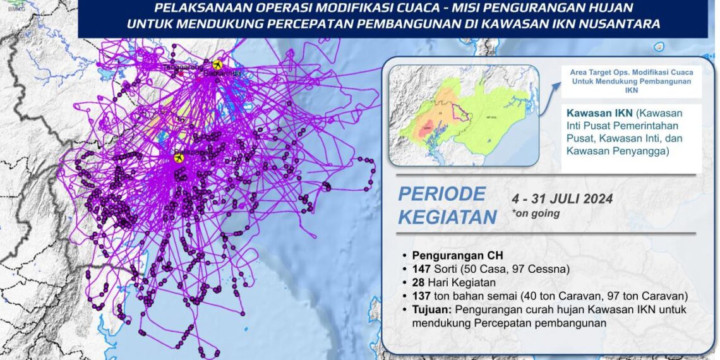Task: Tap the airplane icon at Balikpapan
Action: pyautogui.click(x=179, y=159)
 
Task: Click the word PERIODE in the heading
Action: pyautogui.click(x=441, y=194)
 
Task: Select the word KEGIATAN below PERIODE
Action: pyautogui.click(x=447, y=217)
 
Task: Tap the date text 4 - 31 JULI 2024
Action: pyautogui.click(x=562, y=199)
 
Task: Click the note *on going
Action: pyautogui.click(x=536, y=213)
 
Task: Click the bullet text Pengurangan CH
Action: pyautogui.click(x=449, y=256)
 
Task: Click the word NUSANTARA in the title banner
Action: pyautogui.click(x=609, y=24)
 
